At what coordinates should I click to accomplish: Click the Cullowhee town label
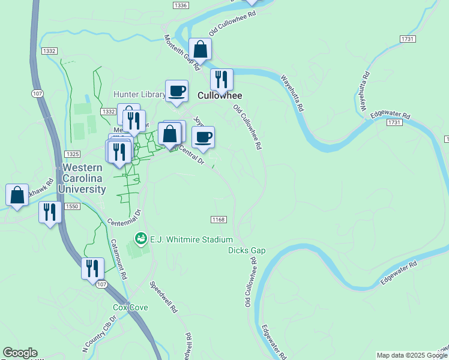pos(220,95)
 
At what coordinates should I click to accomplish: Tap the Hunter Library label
pos(139,95)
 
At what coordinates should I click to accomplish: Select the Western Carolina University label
pos(83,179)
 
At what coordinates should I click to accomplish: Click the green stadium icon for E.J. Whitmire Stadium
pos(140,239)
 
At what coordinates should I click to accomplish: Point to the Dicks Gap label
pos(246,250)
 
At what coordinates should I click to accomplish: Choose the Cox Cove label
pos(130,308)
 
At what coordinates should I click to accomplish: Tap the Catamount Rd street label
pos(119,260)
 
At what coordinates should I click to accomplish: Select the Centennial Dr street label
pos(124,218)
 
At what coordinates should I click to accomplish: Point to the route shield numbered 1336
pos(180,5)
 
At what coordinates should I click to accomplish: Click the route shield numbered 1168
pos(218,220)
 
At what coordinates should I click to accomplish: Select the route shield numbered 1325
pos(73,155)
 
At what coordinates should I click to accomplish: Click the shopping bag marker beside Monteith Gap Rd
pos(200,49)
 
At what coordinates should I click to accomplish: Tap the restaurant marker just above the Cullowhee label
pos(221,79)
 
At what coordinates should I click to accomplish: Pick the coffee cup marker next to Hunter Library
pos(176,91)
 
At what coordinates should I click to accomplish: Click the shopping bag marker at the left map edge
pos(17,194)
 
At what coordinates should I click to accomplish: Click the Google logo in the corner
pos(20,353)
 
